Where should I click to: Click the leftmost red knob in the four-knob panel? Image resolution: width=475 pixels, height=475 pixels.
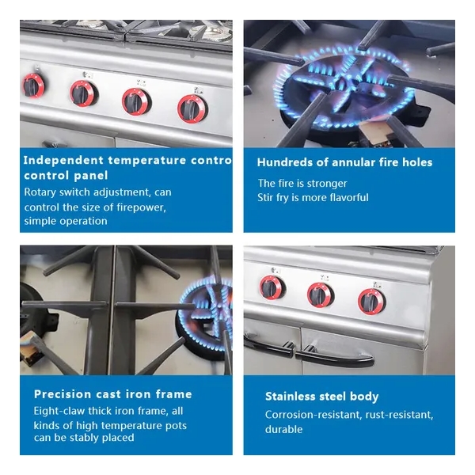33,85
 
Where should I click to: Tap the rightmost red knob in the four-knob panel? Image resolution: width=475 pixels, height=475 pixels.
192,109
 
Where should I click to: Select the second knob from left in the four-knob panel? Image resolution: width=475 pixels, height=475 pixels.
84,93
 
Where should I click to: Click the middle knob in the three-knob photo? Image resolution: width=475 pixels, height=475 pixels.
320,295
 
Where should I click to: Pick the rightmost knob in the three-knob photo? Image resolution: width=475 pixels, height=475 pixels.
371,302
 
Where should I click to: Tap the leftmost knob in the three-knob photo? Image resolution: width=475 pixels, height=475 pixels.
272,287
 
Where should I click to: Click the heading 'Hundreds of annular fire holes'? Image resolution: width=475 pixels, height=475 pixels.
344,162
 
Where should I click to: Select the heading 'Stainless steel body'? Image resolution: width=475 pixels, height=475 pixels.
321,397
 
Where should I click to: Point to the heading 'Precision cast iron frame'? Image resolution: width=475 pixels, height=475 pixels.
113,394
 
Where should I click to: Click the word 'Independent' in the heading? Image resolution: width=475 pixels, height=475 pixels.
63,160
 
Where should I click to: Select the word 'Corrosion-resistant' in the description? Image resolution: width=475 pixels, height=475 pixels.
313,414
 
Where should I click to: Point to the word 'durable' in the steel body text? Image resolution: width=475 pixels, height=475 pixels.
284,429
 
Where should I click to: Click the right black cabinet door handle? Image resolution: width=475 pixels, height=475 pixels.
334,357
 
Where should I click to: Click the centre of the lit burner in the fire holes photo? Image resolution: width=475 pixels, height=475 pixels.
344,86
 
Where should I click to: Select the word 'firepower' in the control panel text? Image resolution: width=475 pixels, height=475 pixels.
141,207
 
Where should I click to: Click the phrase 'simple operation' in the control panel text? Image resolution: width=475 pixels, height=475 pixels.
66,221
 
